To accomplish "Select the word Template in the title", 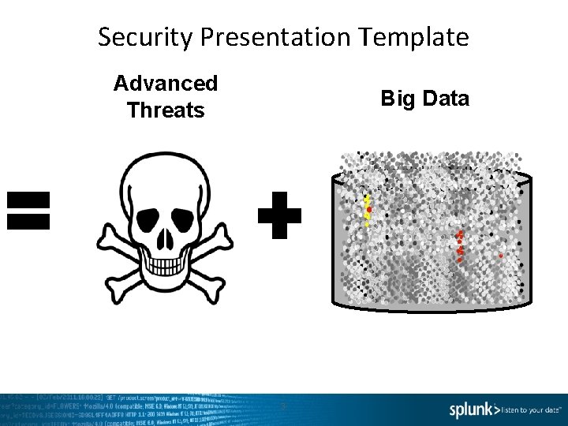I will click(415, 36).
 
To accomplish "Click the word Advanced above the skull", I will click(166, 83).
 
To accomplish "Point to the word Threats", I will click(166, 110).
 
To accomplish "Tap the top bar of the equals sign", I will click(28, 199).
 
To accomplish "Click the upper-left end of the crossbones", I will click(106, 234).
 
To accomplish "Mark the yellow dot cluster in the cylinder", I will click(367, 210).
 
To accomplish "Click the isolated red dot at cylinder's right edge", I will click(501, 256).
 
